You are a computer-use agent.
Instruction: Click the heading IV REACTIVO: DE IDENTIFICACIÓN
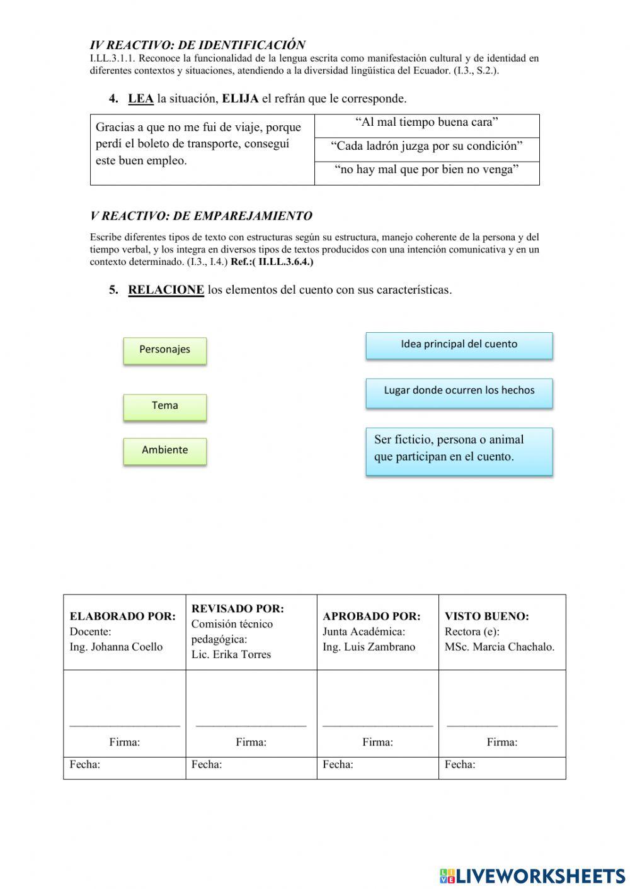197,45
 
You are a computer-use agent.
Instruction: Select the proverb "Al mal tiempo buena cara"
427,123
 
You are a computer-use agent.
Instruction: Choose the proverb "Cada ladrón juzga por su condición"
427,147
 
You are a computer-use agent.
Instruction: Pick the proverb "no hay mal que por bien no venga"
427,170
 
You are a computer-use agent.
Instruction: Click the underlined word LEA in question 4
140,99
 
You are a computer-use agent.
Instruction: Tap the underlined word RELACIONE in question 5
166,290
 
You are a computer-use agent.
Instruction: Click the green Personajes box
164,350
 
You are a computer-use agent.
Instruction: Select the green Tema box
164,406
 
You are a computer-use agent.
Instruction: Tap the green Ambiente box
164,450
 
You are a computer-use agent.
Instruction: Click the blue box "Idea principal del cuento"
459,345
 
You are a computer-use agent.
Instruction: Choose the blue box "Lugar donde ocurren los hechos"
459,391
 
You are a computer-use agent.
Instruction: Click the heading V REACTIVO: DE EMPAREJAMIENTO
201,216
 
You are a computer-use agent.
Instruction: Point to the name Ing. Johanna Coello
116,647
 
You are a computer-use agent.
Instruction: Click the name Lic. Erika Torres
231,654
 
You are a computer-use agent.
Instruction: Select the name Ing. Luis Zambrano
369,647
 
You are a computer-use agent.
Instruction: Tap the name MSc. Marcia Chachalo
500,647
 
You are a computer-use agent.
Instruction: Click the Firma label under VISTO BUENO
501,742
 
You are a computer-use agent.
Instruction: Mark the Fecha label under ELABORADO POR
85,765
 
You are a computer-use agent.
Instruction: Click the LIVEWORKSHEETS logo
532,875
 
